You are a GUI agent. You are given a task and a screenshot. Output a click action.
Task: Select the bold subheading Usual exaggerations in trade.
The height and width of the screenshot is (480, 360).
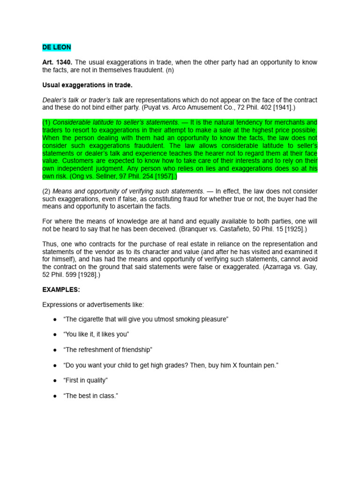pos(88,85)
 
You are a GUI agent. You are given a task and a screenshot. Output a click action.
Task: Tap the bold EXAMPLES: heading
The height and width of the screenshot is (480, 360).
pos(61,290)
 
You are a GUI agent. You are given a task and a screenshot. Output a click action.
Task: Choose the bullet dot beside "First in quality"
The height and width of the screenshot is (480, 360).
pos(55,381)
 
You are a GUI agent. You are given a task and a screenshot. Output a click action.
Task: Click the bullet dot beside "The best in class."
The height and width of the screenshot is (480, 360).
pos(55,396)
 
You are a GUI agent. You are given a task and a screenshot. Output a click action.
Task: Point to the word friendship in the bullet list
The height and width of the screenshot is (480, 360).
pos(134,350)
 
